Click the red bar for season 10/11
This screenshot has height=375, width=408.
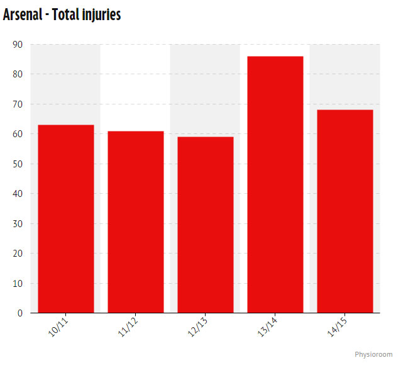coord(66,218)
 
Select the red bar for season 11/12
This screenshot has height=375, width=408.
coord(136,221)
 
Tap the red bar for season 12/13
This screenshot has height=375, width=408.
coord(206,225)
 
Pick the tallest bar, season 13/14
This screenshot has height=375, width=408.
coord(275,184)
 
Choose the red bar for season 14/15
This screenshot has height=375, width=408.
coord(345,211)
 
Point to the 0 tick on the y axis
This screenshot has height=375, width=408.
coord(20,313)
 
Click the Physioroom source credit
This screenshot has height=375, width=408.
coord(373,355)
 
